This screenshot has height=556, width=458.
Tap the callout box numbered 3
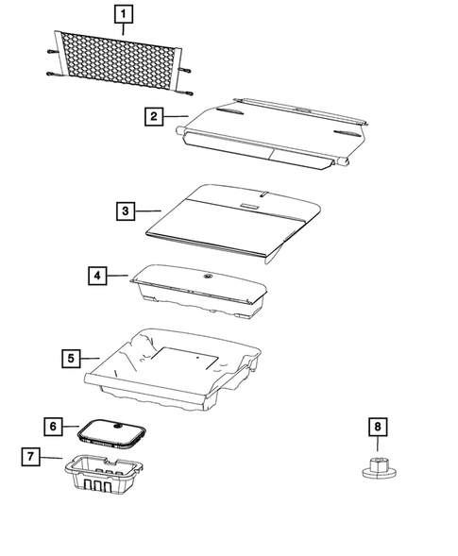(x=126, y=212)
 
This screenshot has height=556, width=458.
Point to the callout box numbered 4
(x=97, y=276)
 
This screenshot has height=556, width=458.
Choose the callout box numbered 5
(x=70, y=358)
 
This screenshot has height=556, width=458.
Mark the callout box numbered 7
(x=33, y=457)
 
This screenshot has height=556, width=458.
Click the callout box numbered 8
(x=378, y=428)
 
